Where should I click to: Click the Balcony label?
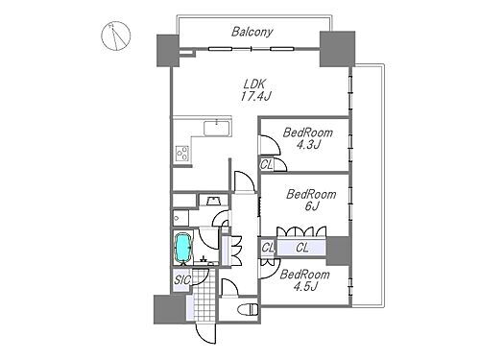[x=252, y=32]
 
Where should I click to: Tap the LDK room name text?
[x=254, y=84]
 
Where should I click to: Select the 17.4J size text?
[x=255, y=96]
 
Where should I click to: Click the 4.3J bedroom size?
[x=308, y=145]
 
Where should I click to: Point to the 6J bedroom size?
[x=312, y=206]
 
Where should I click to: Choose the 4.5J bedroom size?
[x=305, y=287]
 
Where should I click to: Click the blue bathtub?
[x=182, y=247]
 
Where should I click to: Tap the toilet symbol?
[x=248, y=309]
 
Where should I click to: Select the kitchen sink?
[x=217, y=129]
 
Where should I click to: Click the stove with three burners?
[x=182, y=153]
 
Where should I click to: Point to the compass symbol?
[x=116, y=36]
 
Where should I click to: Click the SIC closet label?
[x=182, y=280]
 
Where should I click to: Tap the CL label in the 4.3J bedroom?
[x=266, y=165]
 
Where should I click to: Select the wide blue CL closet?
[x=301, y=248]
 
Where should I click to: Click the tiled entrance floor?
[x=205, y=295]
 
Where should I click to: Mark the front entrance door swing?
[x=204, y=333]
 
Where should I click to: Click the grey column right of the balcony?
[x=337, y=49]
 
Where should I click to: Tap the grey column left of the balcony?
[x=168, y=51]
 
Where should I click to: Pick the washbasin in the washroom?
[x=213, y=201]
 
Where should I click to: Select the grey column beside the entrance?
[x=170, y=309]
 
